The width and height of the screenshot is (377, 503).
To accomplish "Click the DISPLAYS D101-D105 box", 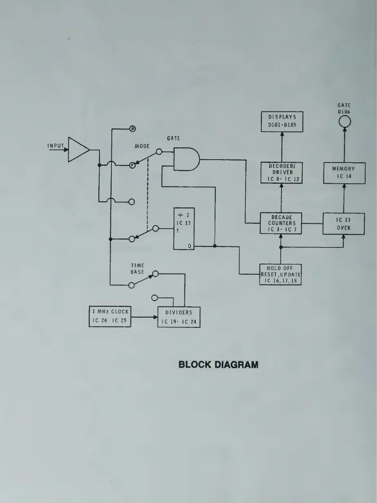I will pyautogui.click(x=282, y=121).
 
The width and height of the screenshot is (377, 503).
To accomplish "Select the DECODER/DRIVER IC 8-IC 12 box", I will pyautogui.click(x=282, y=172).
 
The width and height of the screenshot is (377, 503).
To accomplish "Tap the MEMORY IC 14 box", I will pyautogui.click(x=344, y=172).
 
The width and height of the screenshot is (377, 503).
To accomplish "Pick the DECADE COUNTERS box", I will pyautogui.click(x=281, y=223).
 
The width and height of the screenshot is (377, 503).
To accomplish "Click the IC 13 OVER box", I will pyautogui.click(x=344, y=223).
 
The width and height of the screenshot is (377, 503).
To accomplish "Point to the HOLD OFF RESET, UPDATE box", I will pyautogui.click(x=281, y=274).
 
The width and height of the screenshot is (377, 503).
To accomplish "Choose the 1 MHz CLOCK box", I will pyautogui.click(x=110, y=316).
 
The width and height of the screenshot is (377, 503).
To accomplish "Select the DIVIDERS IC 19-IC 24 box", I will pyautogui.click(x=179, y=317).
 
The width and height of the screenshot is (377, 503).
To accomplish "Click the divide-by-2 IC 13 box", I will pyautogui.click(x=184, y=229).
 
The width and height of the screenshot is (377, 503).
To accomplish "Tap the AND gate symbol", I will pyautogui.click(x=186, y=159).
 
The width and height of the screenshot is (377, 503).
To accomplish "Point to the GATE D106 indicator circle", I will pyautogui.click(x=344, y=121).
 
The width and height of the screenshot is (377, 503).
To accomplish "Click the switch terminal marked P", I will pyautogui.click(x=132, y=129).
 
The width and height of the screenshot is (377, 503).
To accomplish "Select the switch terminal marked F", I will pyautogui.click(x=132, y=166).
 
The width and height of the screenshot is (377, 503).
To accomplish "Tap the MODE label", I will pyautogui.click(x=142, y=146).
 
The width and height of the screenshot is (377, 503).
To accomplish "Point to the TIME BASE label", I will pyautogui.click(x=137, y=268).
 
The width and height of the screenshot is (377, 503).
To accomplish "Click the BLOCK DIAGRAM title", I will pyautogui.click(x=218, y=365).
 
